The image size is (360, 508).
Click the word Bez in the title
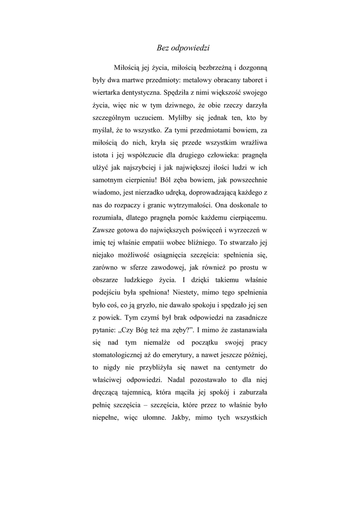[x=162, y=48]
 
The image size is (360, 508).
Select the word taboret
[x=249, y=79]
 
